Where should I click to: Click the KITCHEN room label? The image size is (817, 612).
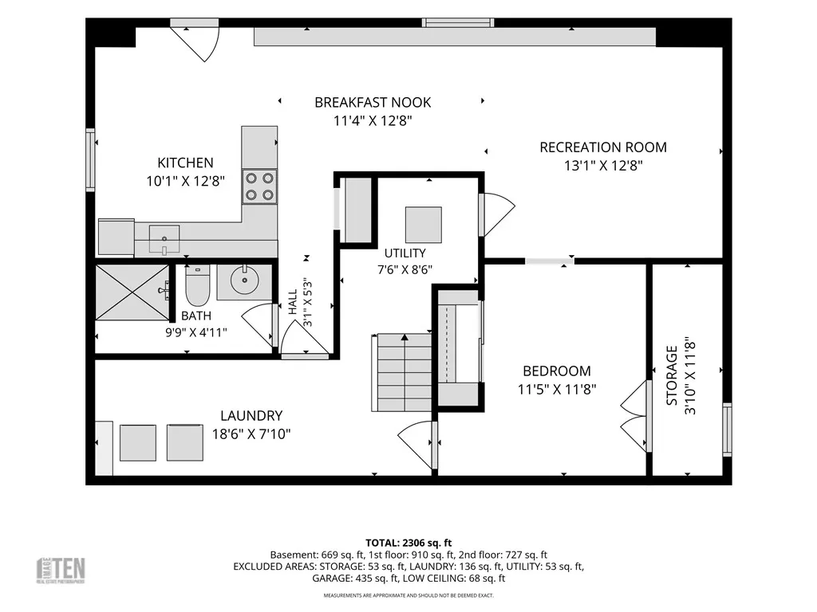pos(185,163)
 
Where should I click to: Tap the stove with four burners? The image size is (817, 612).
pos(259,186)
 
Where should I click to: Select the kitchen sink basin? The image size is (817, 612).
pos(164,239)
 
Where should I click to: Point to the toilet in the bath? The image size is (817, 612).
pos(198,286)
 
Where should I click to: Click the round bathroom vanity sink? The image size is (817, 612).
pos(244,281)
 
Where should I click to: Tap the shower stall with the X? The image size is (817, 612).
pos(132,292)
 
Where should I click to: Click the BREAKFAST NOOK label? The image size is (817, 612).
pos(373,103)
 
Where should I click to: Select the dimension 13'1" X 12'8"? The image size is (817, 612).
pos(603,166)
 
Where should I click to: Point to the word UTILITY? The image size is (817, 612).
pos(405,253)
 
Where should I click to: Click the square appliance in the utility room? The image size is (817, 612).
pos(424,225)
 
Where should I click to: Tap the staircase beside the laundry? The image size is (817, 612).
pos(402,373)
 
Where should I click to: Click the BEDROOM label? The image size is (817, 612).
pos(557,371)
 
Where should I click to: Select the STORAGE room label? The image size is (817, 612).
pos(672,376)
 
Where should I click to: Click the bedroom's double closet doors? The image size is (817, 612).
pos(634,416)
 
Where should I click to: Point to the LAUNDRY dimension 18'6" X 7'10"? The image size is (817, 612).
pos(251,434)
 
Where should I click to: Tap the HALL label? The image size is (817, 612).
pos(292,302)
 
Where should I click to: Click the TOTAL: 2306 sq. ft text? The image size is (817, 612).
pos(408,543)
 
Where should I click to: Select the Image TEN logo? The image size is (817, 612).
pos(61,571)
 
